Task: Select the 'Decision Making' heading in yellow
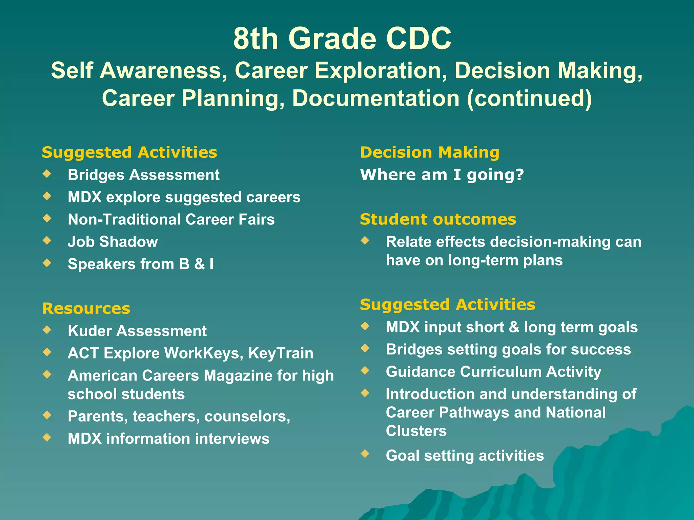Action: (429, 152)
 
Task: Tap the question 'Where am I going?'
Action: (442, 175)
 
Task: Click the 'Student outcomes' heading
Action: (438, 219)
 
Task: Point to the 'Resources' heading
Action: (86, 308)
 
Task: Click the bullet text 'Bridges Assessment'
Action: (143, 175)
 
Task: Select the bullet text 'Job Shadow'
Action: (113, 242)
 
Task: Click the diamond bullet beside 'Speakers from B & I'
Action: (47, 263)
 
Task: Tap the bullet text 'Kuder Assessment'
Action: (137, 331)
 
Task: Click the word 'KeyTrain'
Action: (281, 353)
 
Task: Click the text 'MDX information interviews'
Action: (168, 438)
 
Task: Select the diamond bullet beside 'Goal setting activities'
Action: (365, 453)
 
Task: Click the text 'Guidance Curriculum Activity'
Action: (493, 372)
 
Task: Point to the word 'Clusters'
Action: (416, 431)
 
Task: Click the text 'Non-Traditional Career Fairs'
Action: (171, 219)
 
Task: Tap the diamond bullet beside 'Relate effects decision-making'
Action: (365, 240)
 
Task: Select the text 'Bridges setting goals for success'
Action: (508, 349)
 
